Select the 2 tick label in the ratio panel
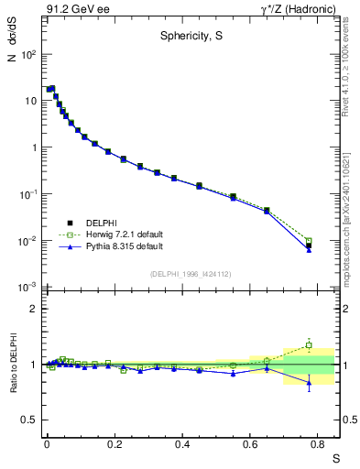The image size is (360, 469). tap(33, 309)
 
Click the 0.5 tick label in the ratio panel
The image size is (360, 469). tap(29, 420)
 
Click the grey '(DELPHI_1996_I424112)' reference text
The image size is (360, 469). tap(191, 274)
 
